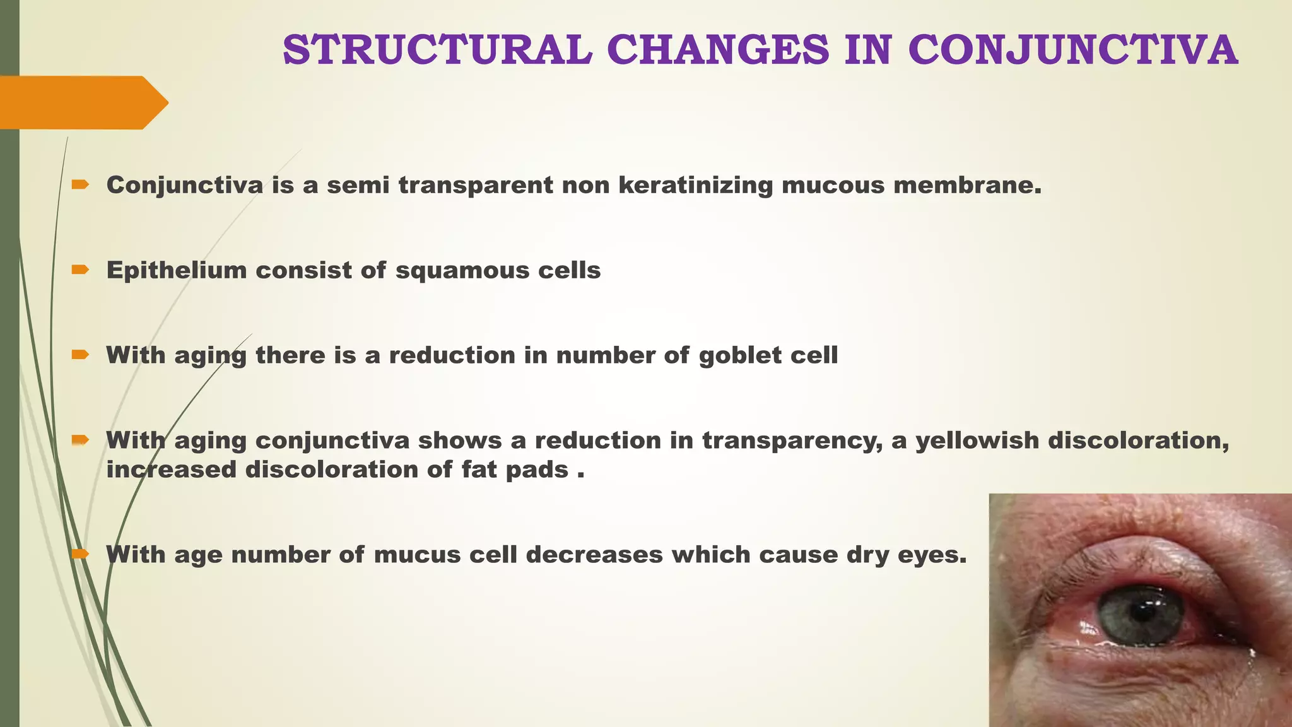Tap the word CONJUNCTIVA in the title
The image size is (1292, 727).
[1072, 50]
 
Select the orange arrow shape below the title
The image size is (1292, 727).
[82, 102]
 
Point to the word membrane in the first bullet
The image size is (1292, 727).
[967, 186]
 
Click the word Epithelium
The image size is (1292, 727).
[176, 271]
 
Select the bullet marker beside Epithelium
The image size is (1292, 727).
[80, 270]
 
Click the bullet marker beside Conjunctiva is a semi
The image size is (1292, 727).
[80, 185]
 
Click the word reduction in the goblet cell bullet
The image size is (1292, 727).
[452, 355]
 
